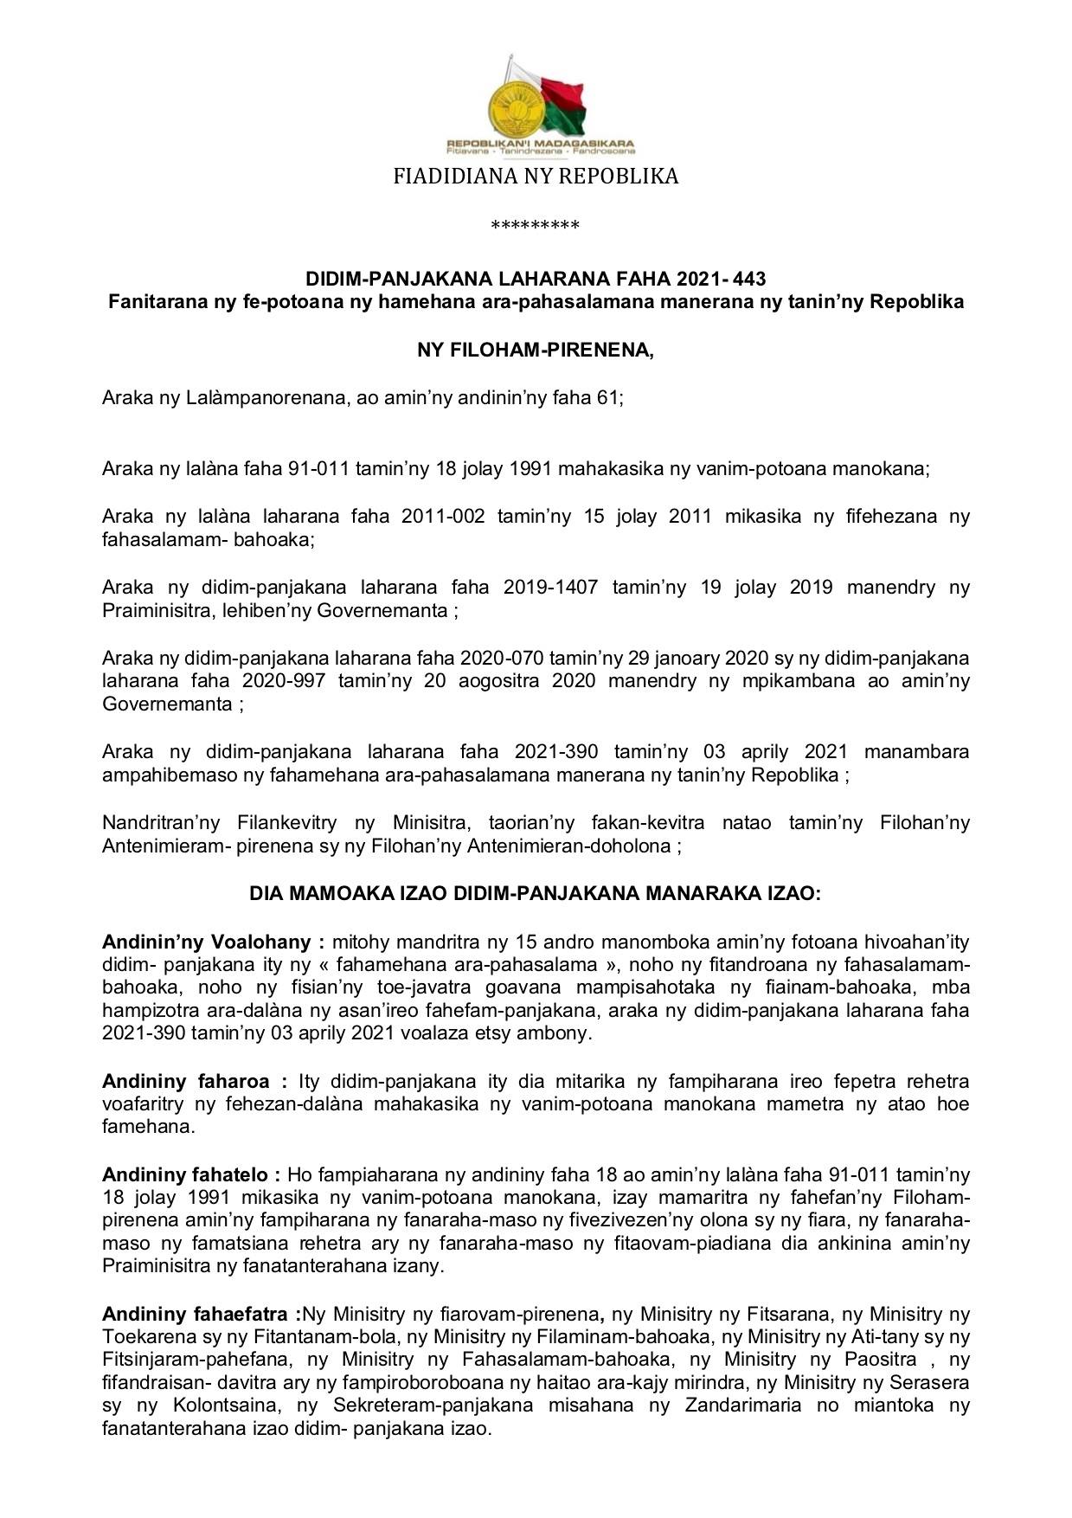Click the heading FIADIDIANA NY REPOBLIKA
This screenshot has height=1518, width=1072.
(536, 177)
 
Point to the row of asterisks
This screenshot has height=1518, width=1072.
(535, 227)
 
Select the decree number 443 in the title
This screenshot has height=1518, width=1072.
(748, 280)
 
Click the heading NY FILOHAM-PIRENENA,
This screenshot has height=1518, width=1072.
(536, 351)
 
